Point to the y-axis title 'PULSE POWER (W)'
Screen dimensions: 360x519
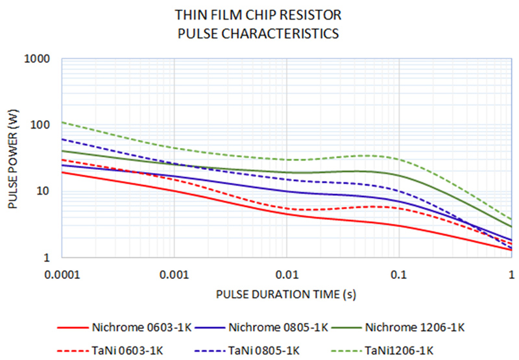12,158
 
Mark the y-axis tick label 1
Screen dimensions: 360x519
49,258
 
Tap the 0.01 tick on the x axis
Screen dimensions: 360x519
286,273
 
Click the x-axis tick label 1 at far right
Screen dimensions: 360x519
511,273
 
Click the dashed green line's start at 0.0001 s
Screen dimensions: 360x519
62,122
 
